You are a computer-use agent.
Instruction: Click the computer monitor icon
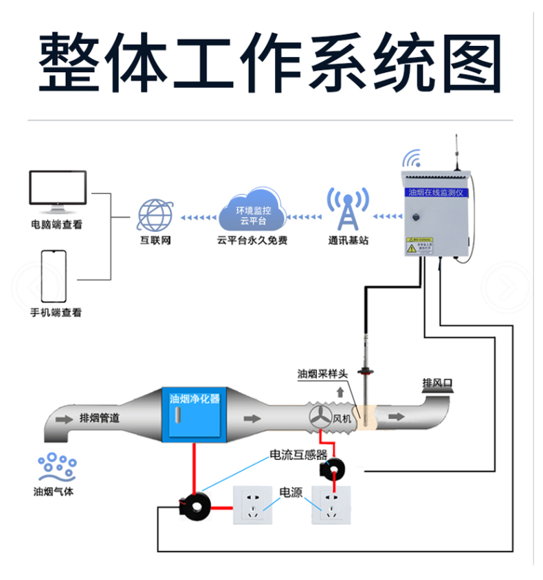click(x=58, y=192)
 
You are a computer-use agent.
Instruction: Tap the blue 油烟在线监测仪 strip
click(x=436, y=193)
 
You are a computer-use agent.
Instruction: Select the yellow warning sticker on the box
click(x=419, y=246)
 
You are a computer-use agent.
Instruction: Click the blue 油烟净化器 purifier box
click(x=195, y=416)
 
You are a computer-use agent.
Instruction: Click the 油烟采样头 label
click(x=323, y=374)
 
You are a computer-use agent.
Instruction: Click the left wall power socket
click(x=254, y=505)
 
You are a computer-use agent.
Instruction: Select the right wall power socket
click(x=332, y=505)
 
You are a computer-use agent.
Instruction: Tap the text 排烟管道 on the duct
click(x=100, y=418)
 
